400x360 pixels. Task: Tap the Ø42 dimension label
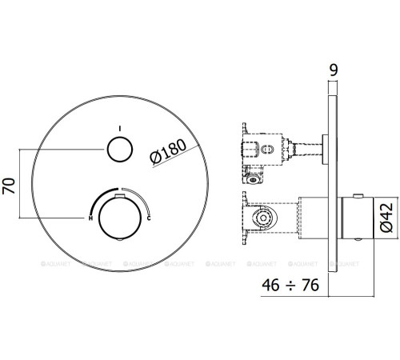386,216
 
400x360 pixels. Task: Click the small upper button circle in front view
120,151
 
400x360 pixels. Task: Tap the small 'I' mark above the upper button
120,128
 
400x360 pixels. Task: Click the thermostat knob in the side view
357,216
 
